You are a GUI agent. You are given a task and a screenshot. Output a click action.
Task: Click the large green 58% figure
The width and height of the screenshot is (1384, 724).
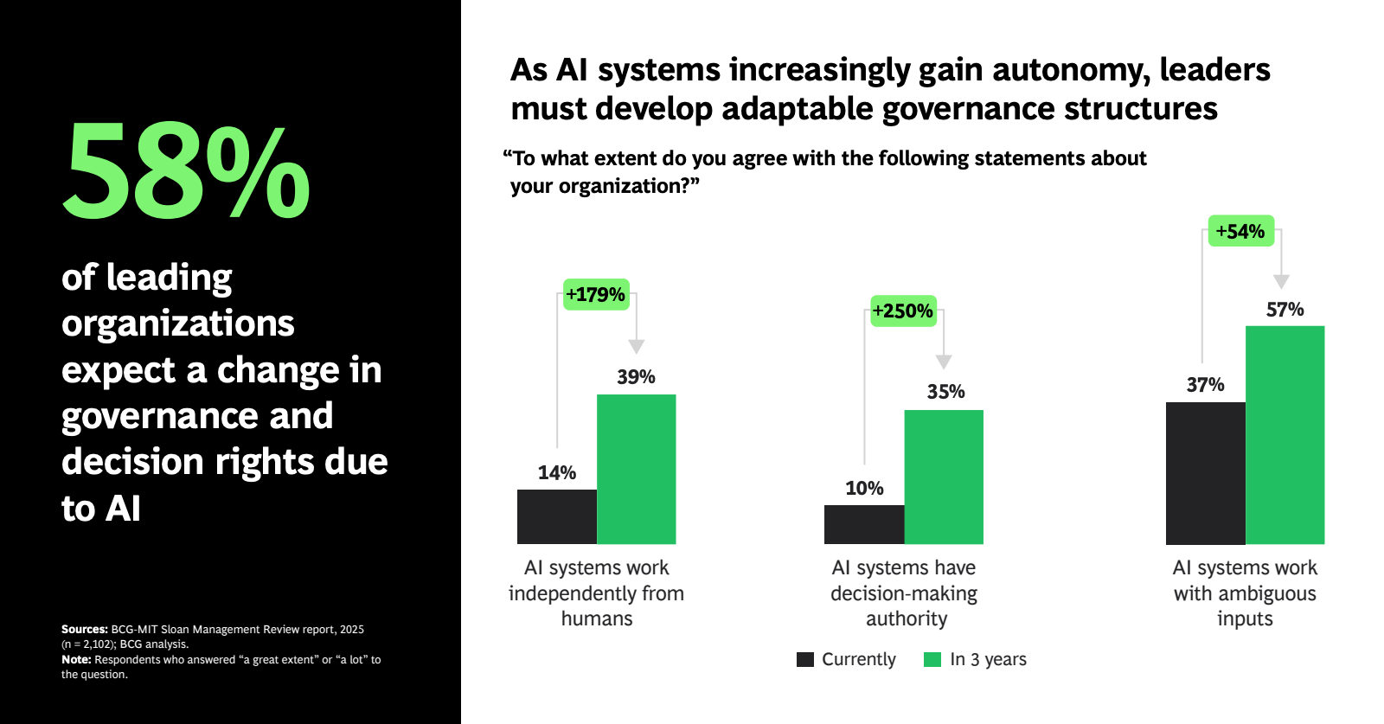tap(186, 170)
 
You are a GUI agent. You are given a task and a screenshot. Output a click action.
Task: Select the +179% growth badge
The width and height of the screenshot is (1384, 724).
tap(596, 295)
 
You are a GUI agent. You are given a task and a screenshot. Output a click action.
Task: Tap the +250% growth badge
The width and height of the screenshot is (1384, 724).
tap(903, 311)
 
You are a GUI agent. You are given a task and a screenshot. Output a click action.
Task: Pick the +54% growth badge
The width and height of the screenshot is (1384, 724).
tap(1240, 231)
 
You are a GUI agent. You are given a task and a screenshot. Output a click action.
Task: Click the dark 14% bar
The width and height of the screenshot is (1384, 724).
tap(557, 516)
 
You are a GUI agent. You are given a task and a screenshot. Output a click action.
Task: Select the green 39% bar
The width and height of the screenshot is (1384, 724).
tap(637, 469)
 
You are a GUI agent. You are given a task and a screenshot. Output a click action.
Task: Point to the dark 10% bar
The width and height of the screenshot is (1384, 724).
tap(864, 524)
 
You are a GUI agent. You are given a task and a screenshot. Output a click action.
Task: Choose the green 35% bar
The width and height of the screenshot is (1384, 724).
tap(944, 477)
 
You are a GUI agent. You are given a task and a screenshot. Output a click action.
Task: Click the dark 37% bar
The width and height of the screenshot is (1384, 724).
tap(1206, 473)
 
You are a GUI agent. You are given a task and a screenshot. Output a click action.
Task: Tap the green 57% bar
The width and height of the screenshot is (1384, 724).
tap(1285, 435)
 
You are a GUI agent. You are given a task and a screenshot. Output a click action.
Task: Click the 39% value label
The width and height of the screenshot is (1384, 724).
tap(636, 377)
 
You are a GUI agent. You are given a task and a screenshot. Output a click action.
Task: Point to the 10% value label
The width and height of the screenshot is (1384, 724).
tap(864, 489)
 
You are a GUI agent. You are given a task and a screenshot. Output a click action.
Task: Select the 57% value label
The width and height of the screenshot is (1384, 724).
tap(1285, 310)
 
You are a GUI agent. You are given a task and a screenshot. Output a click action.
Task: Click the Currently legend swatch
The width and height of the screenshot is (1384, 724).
tap(805, 659)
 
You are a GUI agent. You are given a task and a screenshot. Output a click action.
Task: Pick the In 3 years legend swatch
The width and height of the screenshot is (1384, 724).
tap(932, 659)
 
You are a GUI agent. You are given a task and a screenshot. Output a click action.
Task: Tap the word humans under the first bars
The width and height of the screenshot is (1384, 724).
tap(597, 618)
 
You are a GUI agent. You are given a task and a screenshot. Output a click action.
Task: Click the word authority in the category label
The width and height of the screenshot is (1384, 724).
tap(907, 618)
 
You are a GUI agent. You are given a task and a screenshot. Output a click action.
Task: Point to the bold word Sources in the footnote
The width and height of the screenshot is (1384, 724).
tap(84, 630)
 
